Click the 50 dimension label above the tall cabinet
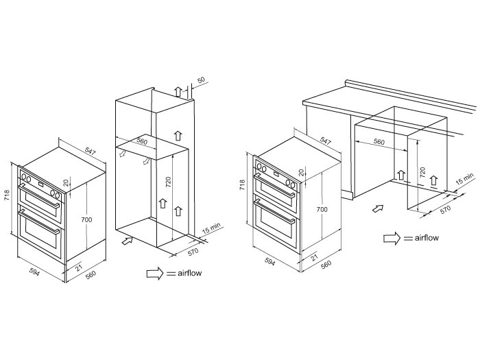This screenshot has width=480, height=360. tap(201, 80)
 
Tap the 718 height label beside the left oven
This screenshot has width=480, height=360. tap(7, 195)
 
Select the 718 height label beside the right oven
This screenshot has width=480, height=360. tap(242, 184)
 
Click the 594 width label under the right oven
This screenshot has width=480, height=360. tap(269, 261)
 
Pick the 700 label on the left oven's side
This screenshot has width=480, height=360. tap(87, 219)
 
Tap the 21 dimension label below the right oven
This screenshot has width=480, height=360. tap(314, 257)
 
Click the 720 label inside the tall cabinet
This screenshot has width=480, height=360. tap(168, 182)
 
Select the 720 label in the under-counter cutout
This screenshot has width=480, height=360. tap(422, 172)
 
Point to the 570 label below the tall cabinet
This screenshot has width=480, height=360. tap(193, 252)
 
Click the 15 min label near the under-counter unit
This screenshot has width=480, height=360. tap(465, 179)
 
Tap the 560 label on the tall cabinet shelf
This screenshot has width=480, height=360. tap(142, 141)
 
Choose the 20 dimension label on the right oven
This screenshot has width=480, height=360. tap(302, 173)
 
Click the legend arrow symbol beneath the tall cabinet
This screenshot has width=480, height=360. tap(155, 273)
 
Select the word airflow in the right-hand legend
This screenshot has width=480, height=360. tap(427, 238)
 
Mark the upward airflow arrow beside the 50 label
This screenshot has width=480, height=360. tap(178, 91)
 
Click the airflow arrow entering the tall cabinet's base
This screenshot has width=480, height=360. tap(128, 241)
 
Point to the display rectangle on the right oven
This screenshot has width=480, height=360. tap(276, 173)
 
